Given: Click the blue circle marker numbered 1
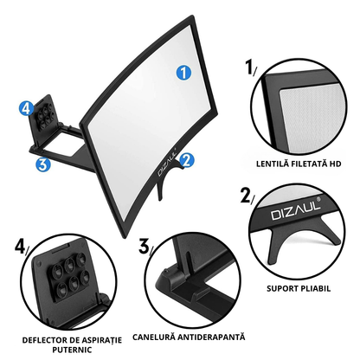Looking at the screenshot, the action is point(183,72).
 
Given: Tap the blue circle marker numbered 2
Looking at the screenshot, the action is point(187,160).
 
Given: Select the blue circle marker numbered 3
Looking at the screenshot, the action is point(43,165).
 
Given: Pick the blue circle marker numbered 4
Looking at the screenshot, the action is point(26,108).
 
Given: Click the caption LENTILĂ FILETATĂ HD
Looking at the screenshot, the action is point(299,164).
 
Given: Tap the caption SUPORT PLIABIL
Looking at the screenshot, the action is point(299,288).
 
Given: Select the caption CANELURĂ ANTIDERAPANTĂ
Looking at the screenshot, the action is point(189,337).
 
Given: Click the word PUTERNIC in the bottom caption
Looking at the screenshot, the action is point(72,350).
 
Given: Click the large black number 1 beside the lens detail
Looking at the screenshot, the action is point(249,67).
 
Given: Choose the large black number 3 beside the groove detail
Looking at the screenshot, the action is point(144,246).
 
